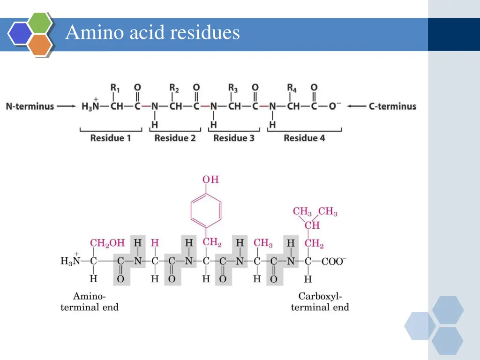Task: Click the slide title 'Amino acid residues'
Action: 152,33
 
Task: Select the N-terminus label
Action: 30,106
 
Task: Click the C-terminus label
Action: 392,106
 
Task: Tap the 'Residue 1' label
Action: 111,138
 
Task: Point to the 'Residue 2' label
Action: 175,138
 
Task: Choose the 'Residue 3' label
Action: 234,138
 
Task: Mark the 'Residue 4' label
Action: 304,138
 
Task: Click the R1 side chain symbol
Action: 115,88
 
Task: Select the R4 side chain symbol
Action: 292,88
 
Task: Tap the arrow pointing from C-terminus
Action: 356,106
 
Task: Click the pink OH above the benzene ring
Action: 210,180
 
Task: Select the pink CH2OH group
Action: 107,243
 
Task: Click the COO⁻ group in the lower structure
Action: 334,261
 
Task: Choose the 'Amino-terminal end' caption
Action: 90,302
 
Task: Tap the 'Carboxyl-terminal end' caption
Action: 320,302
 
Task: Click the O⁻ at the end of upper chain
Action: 333,106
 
